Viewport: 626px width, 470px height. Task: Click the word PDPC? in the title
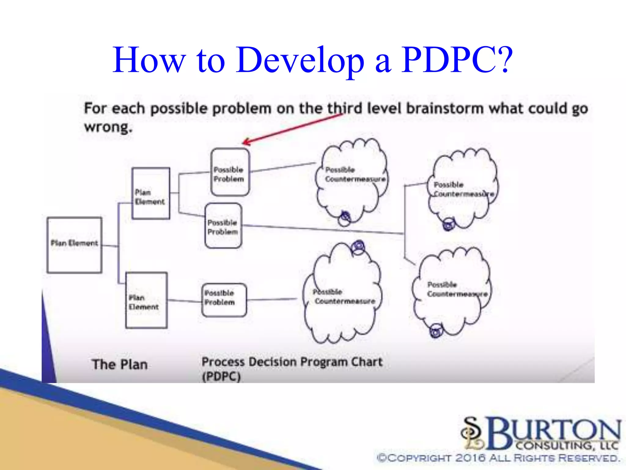coord(457,60)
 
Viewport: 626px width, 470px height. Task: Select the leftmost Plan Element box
coord(74,245)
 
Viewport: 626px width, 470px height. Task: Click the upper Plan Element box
coord(151,193)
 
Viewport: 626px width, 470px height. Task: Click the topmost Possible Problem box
coord(230,172)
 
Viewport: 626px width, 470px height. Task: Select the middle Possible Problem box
coord(223,226)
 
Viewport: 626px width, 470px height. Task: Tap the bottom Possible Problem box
coord(224,300)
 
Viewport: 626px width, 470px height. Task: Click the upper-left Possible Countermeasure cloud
coord(352,181)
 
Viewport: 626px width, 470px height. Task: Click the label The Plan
coord(120,364)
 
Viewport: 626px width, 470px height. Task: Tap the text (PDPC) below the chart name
coord(221,376)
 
